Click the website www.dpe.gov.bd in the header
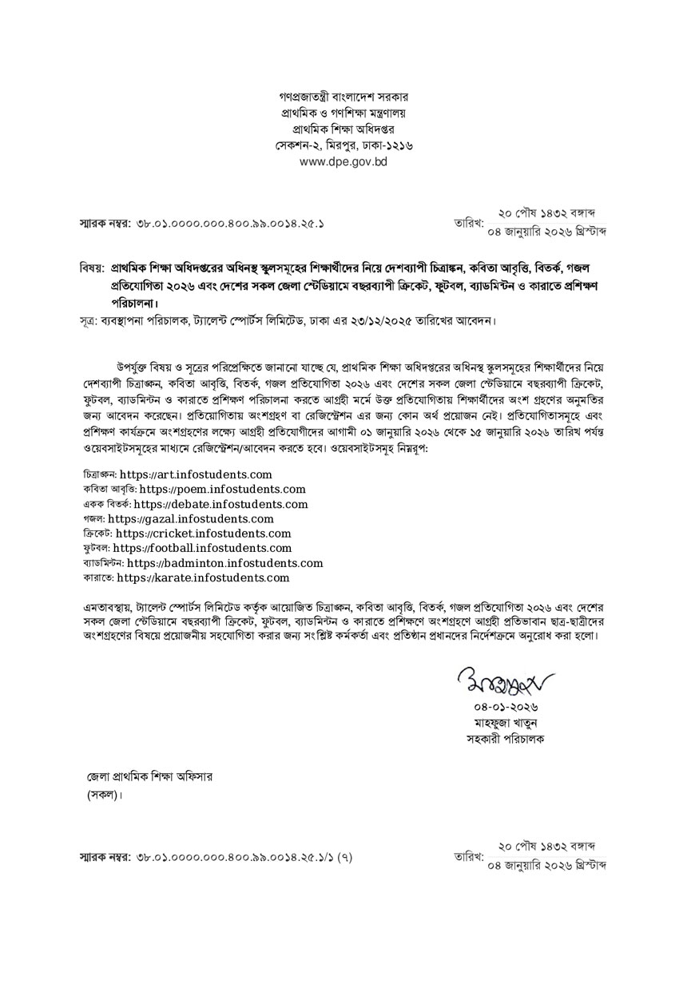click(x=343, y=161)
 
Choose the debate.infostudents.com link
click(x=220, y=504)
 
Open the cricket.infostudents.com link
click(x=203, y=533)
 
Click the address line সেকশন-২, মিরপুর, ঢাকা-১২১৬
click(x=343, y=145)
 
